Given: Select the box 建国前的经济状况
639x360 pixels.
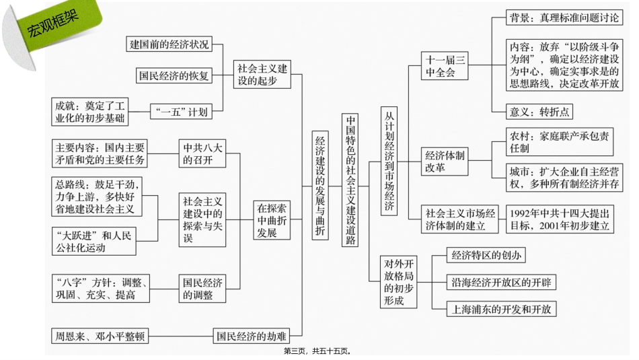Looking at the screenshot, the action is (169, 44).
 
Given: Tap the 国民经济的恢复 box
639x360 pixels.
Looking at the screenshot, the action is (174, 75).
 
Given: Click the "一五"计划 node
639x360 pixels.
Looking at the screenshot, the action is (182, 112).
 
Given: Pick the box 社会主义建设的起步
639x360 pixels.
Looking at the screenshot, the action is (262, 74).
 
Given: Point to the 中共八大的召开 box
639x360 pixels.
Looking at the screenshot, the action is (202, 153).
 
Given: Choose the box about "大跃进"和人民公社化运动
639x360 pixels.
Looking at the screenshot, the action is (93, 242).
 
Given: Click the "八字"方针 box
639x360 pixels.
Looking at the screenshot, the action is (101, 289).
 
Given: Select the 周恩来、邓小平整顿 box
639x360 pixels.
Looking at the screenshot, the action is (100, 336).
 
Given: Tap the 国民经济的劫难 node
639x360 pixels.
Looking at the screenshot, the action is (252, 336).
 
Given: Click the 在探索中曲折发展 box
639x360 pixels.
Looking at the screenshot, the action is (272, 220).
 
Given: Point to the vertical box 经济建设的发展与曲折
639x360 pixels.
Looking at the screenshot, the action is (320, 186).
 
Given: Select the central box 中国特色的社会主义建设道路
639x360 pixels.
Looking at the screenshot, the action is (350, 180).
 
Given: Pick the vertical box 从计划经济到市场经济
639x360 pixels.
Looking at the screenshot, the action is (389, 161).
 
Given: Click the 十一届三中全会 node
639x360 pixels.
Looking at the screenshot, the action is (445, 66).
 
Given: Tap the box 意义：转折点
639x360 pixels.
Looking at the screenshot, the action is (539, 112).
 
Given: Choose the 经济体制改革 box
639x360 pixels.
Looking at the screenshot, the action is (445, 161).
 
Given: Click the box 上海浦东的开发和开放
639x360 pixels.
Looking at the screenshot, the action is (501, 309).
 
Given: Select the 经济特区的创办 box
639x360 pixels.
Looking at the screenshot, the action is (486, 255).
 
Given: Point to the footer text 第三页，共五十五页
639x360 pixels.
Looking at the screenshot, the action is (317, 351).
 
